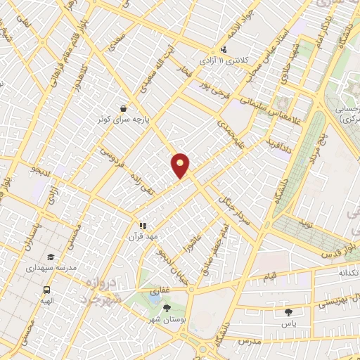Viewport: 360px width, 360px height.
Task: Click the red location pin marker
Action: pos(181,165)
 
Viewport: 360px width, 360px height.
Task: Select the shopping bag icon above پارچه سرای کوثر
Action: pos(124,108)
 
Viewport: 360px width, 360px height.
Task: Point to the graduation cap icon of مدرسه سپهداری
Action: pos(50,257)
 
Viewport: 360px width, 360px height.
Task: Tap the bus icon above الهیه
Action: pos(46,290)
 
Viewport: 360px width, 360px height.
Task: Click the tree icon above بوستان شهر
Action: pos(167,307)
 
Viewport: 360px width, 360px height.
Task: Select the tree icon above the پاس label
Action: pos(288,311)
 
